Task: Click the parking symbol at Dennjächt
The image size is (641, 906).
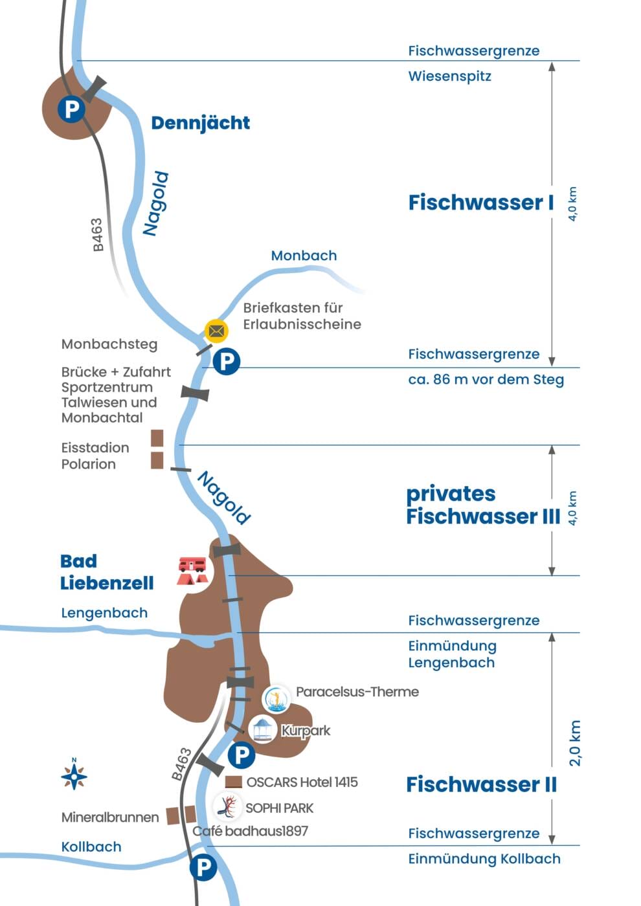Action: click(x=71, y=108)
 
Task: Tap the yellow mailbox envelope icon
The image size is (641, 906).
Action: click(x=216, y=331)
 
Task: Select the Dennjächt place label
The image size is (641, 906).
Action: click(x=200, y=123)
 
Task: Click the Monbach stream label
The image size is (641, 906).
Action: click(x=304, y=256)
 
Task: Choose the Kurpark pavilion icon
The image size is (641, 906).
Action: click(x=263, y=730)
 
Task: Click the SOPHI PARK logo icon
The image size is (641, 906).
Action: click(x=227, y=807)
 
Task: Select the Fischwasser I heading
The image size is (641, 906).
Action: click(x=481, y=203)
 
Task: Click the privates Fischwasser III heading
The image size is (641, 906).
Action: click(x=482, y=505)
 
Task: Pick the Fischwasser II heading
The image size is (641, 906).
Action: click(x=481, y=784)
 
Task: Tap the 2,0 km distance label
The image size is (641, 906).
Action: click(x=574, y=743)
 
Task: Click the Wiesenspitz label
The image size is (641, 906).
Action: click(x=449, y=76)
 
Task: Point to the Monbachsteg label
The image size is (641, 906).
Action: click(x=109, y=344)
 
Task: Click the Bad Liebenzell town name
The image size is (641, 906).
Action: click(x=107, y=572)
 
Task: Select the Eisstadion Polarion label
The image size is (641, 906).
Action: click(x=95, y=456)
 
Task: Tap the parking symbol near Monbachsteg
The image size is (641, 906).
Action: click(x=227, y=360)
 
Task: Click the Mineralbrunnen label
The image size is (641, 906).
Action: click(x=110, y=817)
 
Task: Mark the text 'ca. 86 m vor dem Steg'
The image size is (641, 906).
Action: click(x=486, y=379)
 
